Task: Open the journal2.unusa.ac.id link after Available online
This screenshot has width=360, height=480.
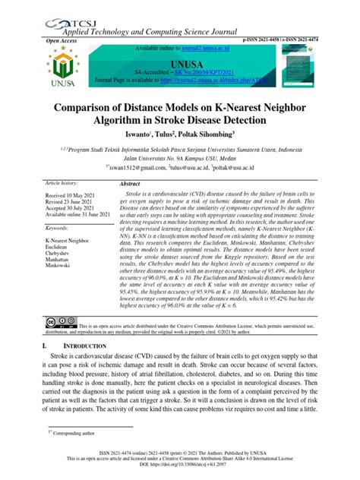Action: (189, 48)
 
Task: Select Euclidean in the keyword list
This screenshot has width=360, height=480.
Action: (62, 246)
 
